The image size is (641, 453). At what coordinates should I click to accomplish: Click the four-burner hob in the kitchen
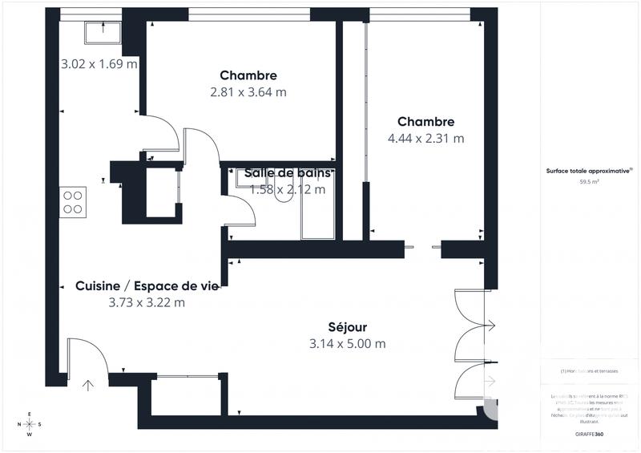coord(73,200)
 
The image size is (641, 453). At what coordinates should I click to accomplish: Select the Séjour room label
coord(347,327)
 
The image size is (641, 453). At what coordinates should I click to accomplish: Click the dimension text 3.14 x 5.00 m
coord(347,344)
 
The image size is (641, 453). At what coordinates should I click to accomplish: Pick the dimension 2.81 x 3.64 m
coord(248,92)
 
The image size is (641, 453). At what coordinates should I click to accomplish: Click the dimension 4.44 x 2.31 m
coord(425,138)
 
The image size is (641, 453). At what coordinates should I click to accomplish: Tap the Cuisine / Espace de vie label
coord(147,286)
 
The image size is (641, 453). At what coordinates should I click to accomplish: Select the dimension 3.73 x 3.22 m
coord(147,303)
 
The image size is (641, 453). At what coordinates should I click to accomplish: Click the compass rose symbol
coord(30,425)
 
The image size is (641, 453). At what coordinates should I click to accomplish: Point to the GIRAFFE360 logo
coord(591,432)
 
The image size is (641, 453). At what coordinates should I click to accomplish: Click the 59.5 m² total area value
coord(590,182)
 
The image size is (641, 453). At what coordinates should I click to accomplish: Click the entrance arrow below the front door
coord(88,385)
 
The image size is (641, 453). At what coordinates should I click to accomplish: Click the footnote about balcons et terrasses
coord(590,371)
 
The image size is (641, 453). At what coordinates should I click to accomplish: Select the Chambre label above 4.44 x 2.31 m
coord(425,122)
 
